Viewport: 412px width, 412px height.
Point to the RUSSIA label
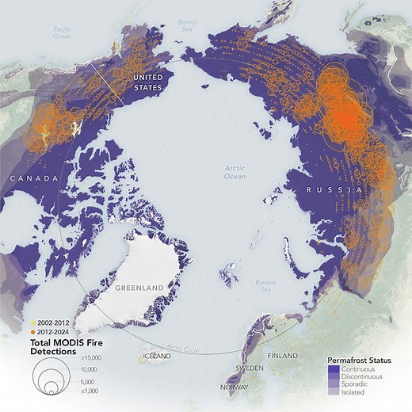coord(336,192)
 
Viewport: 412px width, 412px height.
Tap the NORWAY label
coord(238,387)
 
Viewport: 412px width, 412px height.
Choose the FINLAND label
coord(283,357)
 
